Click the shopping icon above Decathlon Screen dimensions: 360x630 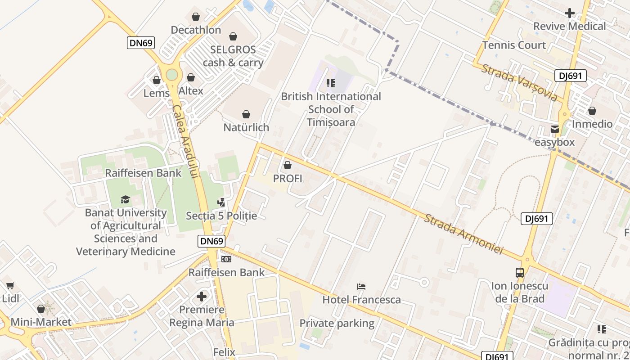pyautogui.click(x=196, y=17)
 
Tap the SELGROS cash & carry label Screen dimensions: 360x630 pyautogui.click(x=233, y=56)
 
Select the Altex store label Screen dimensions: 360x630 pyautogui.click(x=191, y=91)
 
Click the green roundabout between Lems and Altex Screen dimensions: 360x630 pyautogui.click(x=172, y=75)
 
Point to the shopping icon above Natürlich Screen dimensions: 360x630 pyautogui.click(x=246, y=115)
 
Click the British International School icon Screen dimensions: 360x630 pyautogui.click(x=331, y=83)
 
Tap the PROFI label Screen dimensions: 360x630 pyautogui.click(x=288, y=179)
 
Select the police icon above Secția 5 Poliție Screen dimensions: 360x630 pyautogui.click(x=221, y=203)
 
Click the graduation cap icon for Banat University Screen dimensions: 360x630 pyautogui.click(x=125, y=199)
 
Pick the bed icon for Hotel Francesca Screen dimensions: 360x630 pyautogui.click(x=361, y=286)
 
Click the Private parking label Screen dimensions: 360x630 pyautogui.click(x=337, y=323)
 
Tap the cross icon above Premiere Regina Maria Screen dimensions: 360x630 pyautogui.click(x=202, y=297)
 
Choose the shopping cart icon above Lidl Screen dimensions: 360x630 pyautogui.click(x=10, y=285)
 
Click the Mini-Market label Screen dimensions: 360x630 pyautogui.click(x=41, y=322)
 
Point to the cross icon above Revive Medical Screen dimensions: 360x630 pyautogui.click(x=570, y=13)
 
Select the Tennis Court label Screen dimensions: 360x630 pyautogui.click(x=514, y=45)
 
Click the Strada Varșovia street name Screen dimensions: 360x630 pyautogui.click(x=519, y=83)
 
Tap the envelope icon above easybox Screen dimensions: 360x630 pyautogui.click(x=555, y=130)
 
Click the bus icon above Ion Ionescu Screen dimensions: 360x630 pyautogui.click(x=520, y=272)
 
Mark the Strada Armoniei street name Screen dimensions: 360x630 pyautogui.click(x=463, y=234)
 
